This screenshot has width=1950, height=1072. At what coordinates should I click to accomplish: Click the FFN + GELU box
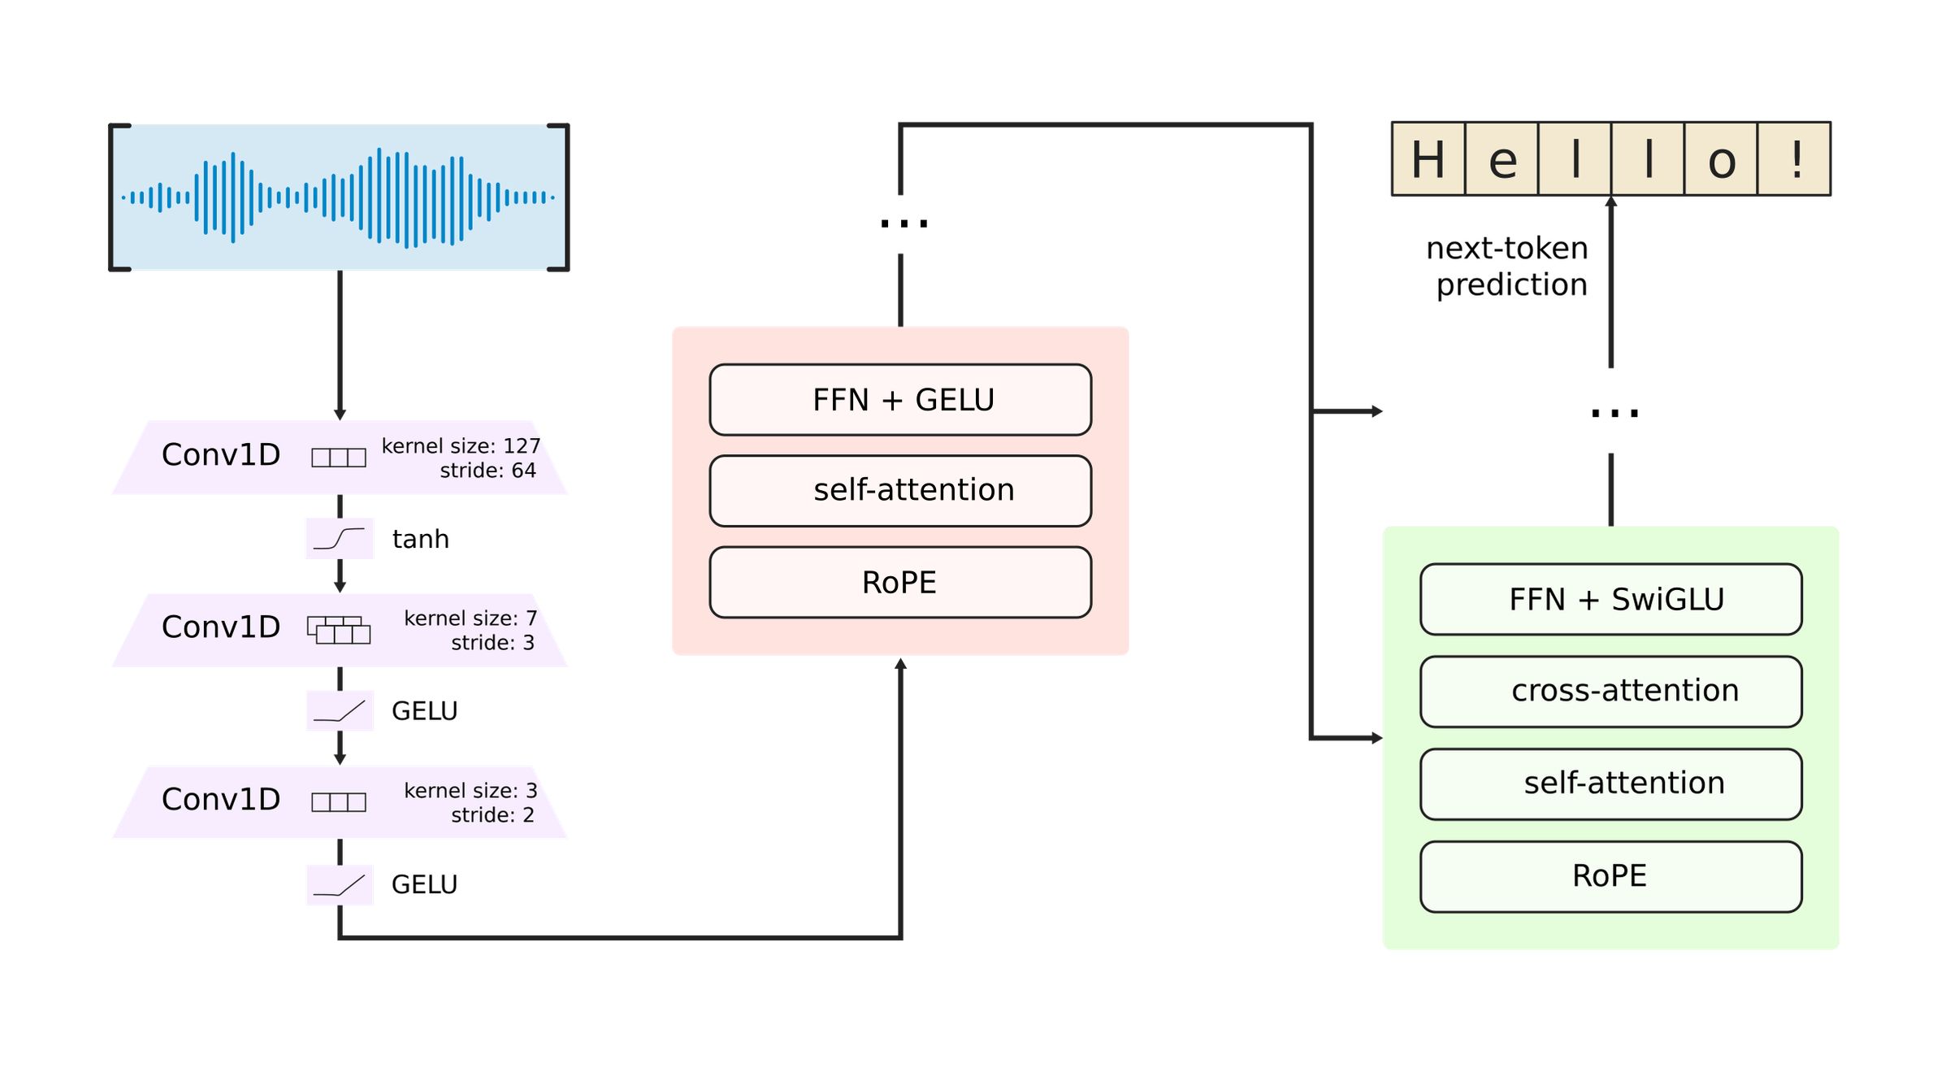click(900, 400)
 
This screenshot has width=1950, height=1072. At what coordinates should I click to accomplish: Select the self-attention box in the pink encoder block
click(900, 491)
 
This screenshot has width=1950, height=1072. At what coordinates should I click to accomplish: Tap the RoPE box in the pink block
click(900, 583)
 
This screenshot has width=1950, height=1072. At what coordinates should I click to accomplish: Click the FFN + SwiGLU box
click(1610, 600)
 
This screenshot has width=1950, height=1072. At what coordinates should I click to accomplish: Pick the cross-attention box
click(1610, 692)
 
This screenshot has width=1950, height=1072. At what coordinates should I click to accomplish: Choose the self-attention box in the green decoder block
click(1610, 783)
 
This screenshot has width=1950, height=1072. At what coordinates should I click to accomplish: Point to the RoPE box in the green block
click(1610, 876)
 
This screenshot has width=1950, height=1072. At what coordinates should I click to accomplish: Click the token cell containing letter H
click(1428, 159)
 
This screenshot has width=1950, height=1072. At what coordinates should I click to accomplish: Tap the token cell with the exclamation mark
click(1793, 159)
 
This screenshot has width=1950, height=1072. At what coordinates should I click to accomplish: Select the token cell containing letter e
click(1501, 159)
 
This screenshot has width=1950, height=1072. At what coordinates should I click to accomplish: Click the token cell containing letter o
click(1720, 159)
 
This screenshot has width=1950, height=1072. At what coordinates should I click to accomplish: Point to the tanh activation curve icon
click(340, 539)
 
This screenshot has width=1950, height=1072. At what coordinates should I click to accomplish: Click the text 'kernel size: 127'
click(461, 446)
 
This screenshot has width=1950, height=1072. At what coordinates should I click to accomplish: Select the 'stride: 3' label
click(492, 643)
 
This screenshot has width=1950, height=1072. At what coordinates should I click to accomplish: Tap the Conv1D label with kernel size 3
click(221, 800)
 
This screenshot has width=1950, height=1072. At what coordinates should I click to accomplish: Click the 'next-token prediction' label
click(1508, 267)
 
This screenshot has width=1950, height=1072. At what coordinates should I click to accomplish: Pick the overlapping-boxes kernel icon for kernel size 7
click(339, 630)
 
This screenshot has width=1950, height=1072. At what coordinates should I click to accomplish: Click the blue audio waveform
click(339, 197)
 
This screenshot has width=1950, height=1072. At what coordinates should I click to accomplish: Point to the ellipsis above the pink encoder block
click(903, 223)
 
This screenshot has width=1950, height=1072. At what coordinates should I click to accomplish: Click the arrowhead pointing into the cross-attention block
click(1376, 738)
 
